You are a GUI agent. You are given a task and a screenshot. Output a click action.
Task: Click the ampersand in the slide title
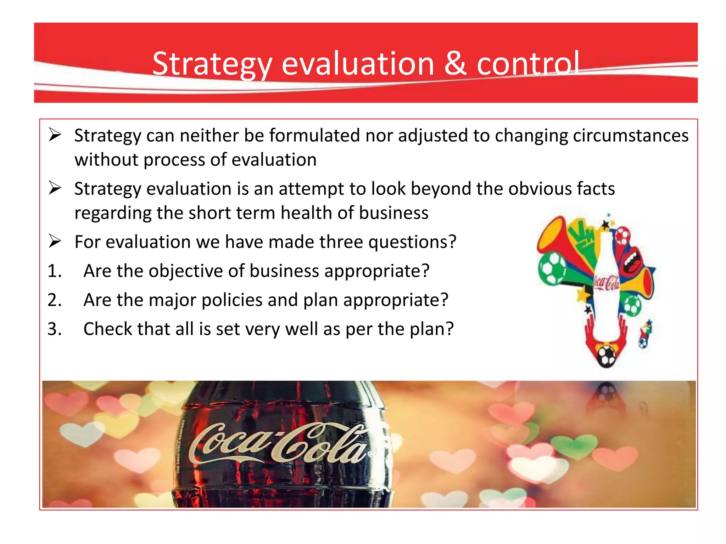coord(455,64)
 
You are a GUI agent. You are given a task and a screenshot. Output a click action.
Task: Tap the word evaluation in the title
coord(358,64)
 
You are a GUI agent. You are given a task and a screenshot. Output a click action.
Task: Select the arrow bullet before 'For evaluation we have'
coord(55,242)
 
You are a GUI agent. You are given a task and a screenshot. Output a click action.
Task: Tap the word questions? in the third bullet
coord(412,242)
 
